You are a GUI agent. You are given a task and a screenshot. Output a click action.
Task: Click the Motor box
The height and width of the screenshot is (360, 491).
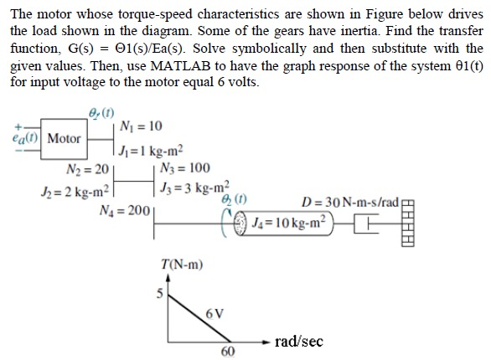(x=65, y=138)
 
